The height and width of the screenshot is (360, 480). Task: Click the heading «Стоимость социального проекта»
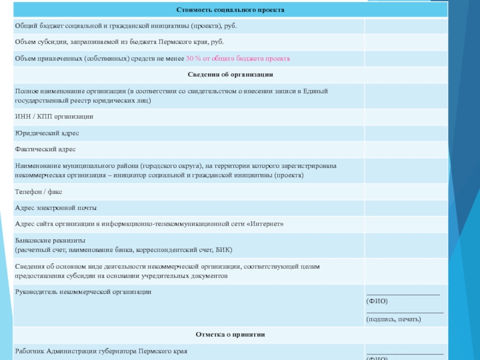pyautogui.click(x=230, y=10)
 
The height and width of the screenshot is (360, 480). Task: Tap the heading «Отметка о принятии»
pyautogui.click(x=230, y=334)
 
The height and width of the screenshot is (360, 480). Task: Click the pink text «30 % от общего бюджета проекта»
pyautogui.click(x=238, y=59)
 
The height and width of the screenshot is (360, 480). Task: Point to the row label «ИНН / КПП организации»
pyautogui.click(x=54, y=116)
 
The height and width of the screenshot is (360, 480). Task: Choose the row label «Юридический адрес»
pyautogui.click(x=47, y=133)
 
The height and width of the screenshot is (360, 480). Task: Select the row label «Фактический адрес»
pyautogui.click(x=46, y=149)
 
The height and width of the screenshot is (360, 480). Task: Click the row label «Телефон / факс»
pyautogui.click(x=39, y=192)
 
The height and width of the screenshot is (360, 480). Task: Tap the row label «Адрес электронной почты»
pyautogui.click(x=56, y=208)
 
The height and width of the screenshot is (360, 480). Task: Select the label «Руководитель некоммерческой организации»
pyautogui.click(x=83, y=292)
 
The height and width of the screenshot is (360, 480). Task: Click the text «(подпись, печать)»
pyautogui.click(x=394, y=319)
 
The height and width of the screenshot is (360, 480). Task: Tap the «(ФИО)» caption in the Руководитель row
pyautogui.click(x=377, y=301)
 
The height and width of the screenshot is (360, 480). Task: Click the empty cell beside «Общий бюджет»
pyautogui.click(x=406, y=26)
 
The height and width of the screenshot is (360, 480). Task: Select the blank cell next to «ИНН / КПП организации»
pyautogui.click(x=406, y=116)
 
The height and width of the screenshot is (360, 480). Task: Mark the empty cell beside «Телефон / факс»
pyautogui.click(x=406, y=192)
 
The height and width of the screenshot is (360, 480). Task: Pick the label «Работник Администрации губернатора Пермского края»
pyautogui.click(x=101, y=351)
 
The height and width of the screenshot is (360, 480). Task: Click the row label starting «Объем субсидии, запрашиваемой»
pyautogui.click(x=119, y=43)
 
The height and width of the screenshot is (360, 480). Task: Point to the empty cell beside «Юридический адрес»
pyautogui.click(x=406, y=133)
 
